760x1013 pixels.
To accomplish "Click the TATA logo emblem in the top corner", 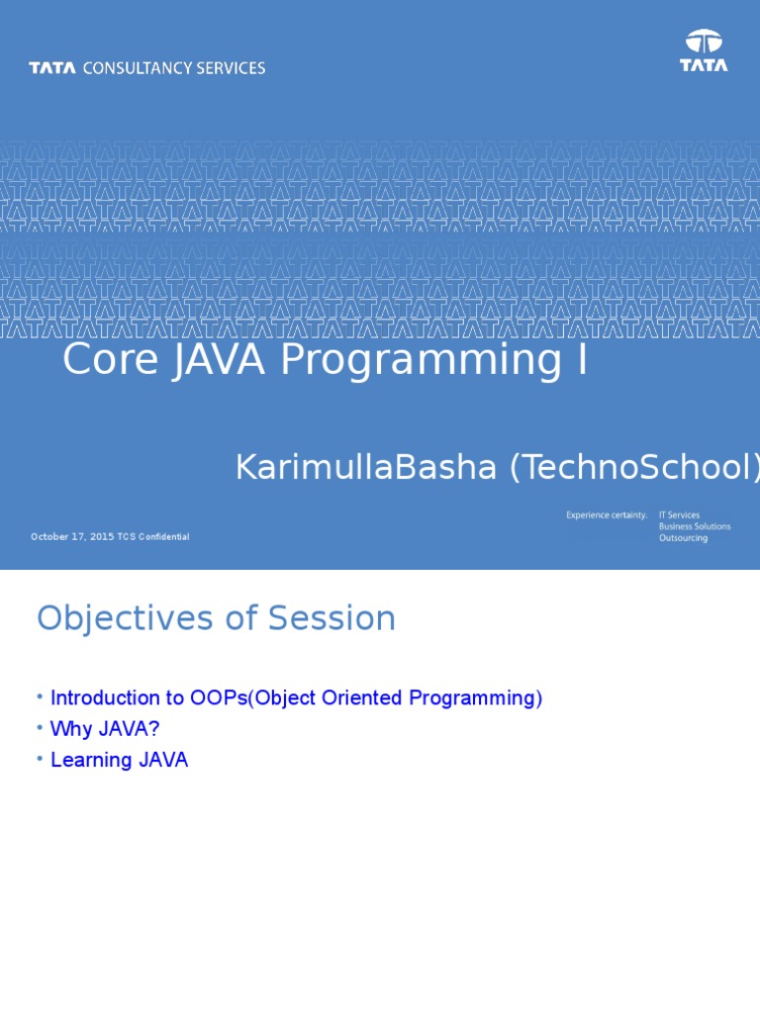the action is (x=704, y=42).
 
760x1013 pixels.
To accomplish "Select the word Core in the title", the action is (x=111, y=359).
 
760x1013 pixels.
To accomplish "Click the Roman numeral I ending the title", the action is (x=582, y=359).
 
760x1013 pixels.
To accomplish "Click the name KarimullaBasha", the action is (x=366, y=467).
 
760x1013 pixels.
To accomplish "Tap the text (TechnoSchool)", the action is (x=634, y=467).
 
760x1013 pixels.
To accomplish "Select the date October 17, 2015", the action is (x=72, y=537).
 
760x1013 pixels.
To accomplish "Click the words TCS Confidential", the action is (x=153, y=537).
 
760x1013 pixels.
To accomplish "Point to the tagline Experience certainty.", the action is (x=607, y=514).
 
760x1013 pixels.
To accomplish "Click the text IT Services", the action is (x=679, y=514).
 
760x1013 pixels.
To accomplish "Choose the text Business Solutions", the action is (x=695, y=526).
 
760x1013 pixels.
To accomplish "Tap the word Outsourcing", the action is (x=683, y=538).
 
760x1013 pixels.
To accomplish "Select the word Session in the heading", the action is (x=332, y=618).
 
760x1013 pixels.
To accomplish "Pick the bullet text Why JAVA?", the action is (x=105, y=729).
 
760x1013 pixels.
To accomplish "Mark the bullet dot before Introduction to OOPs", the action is (x=40, y=696).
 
